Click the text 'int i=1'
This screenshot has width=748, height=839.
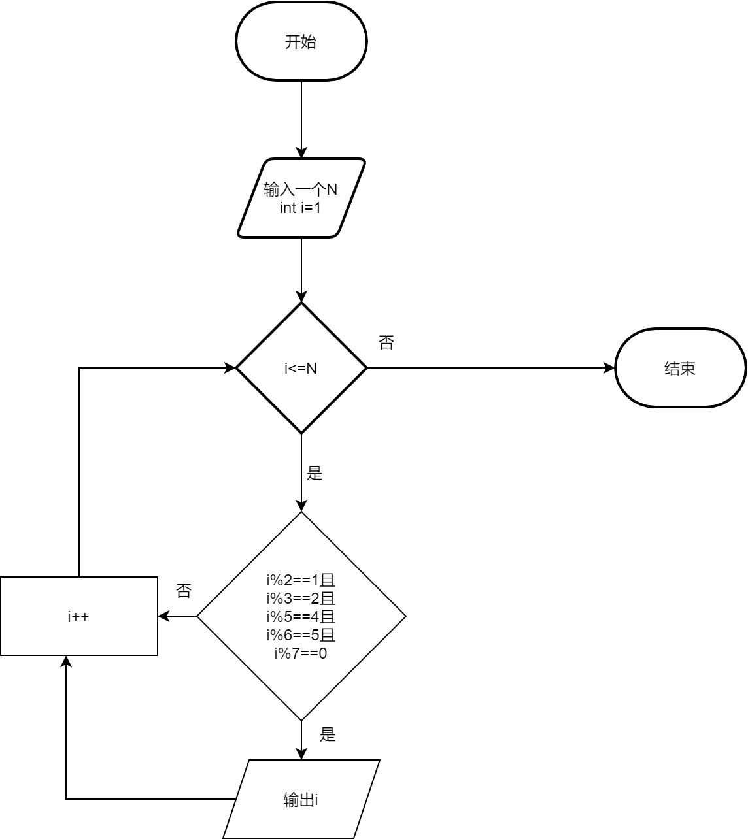click(x=301, y=208)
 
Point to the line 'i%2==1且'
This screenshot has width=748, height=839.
click(x=301, y=580)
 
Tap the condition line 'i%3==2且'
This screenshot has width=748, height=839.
click(x=301, y=598)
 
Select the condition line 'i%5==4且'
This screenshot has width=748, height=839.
click(x=301, y=616)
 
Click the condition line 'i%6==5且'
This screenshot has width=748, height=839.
click(x=301, y=634)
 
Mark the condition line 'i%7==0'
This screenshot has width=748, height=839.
click(x=301, y=653)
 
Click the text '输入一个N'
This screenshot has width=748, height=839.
click(x=301, y=190)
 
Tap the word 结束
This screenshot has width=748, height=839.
click(x=680, y=369)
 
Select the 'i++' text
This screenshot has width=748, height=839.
click(x=78, y=616)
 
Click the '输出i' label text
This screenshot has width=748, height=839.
click(x=301, y=800)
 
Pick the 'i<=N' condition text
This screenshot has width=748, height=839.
click(x=301, y=369)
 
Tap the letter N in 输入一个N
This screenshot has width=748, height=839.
click(x=332, y=190)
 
